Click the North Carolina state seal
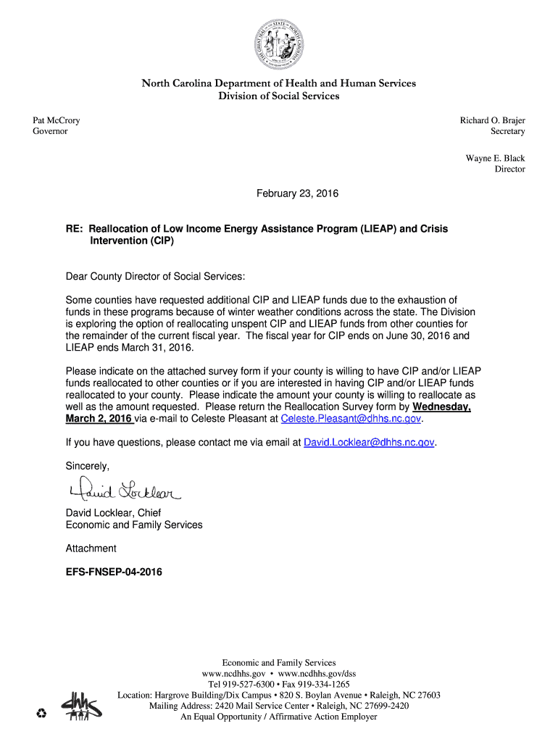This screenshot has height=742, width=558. click(278, 42)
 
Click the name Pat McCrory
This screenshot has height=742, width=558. click(57, 120)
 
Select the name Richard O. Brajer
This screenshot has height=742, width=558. click(492, 120)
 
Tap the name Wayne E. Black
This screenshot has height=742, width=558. click(495, 158)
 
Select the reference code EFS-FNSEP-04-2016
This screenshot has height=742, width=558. click(114, 572)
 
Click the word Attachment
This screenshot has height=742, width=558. click(91, 549)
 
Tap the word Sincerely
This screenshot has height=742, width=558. click(87, 465)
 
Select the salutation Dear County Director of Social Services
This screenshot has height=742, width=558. click(155, 277)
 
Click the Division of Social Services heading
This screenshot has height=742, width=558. click(278, 96)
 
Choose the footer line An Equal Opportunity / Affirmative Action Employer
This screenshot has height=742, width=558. click(278, 717)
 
